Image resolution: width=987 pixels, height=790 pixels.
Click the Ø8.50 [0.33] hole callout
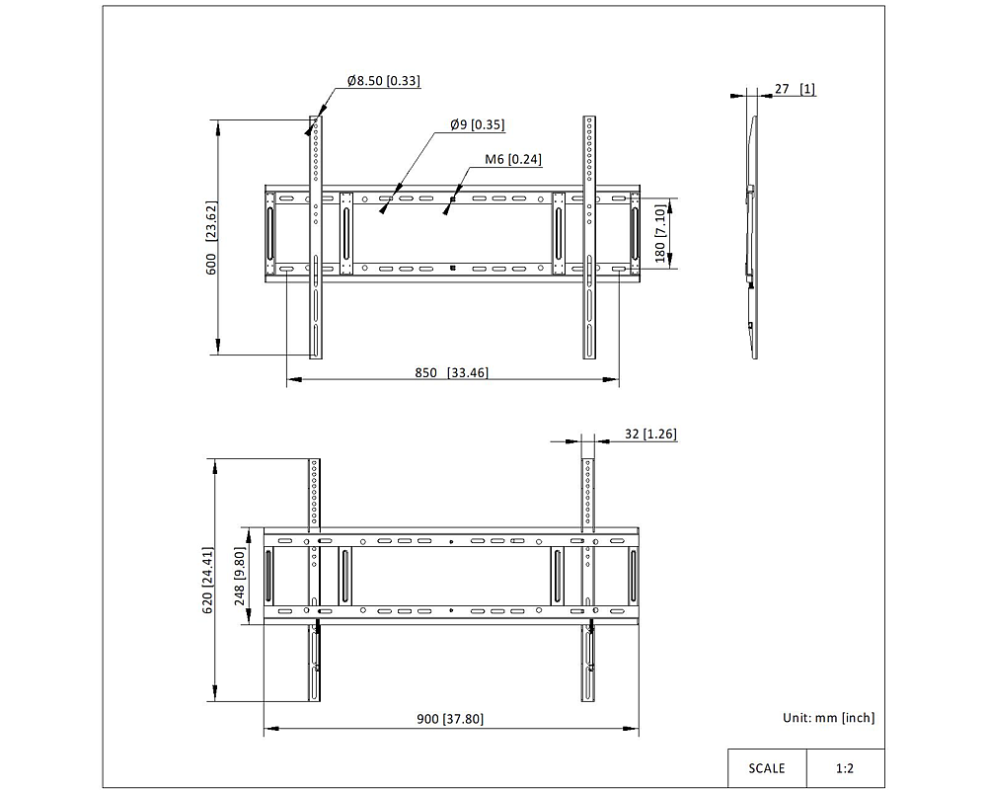pyautogui.click(x=383, y=81)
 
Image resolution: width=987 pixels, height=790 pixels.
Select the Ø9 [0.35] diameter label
pyautogui.click(x=477, y=124)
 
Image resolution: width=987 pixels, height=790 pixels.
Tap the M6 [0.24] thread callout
pyautogui.click(x=512, y=159)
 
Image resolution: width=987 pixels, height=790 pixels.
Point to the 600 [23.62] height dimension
pyautogui.click(x=211, y=238)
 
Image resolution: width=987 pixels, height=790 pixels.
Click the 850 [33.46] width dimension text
pyautogui.click(x=451, y=372)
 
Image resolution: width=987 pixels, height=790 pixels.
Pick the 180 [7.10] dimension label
pyautogui.click(x=659, y=234)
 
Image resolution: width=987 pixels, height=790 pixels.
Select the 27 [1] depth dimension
pyautogui.click(x=795, y=89)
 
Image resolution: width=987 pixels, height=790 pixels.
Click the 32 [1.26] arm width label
pyautogui.click(x=650, y=434)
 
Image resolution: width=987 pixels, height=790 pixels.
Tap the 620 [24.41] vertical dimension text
pyautogui.click(x=207, y=581)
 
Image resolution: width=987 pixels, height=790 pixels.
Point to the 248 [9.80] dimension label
pyautogui.click(x=239, y=577)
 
